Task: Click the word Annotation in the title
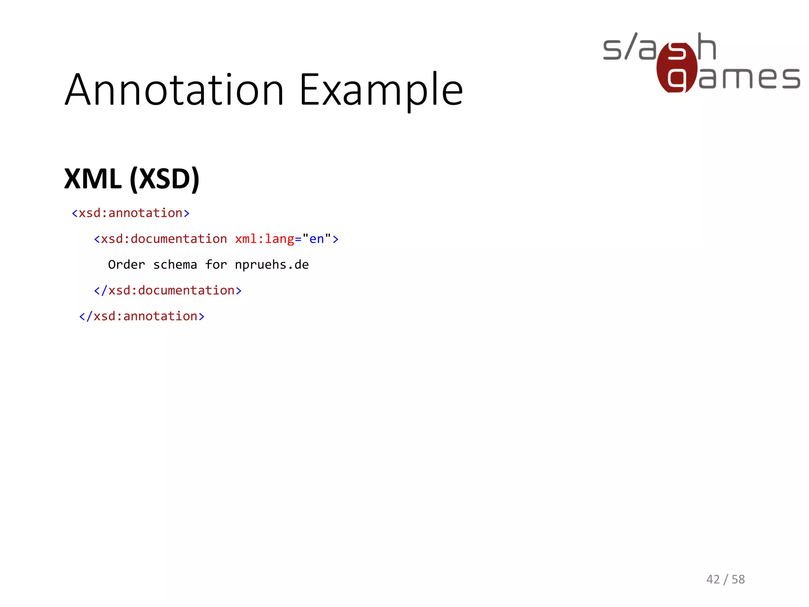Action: tap(174, 90)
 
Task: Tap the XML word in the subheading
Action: tap(93, 179)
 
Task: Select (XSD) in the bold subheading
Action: tap(164, 179)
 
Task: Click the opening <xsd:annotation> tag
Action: tap(130, 213)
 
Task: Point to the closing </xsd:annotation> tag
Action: tap(142, 317)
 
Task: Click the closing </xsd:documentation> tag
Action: tap(167, 291)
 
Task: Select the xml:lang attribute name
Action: tap(265, 239)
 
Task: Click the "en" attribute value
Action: tap(316, 239)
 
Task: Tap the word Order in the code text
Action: tap(126, 265)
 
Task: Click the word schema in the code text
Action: tap(175, 265)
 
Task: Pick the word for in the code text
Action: tap(216, 265)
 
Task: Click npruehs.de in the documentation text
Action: tap(272, 265)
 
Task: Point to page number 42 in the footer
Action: tap(713, 579)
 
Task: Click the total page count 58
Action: tap(738, 579)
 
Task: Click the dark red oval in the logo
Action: tap(677, 67)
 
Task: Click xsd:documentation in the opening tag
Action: tap(164, 239)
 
